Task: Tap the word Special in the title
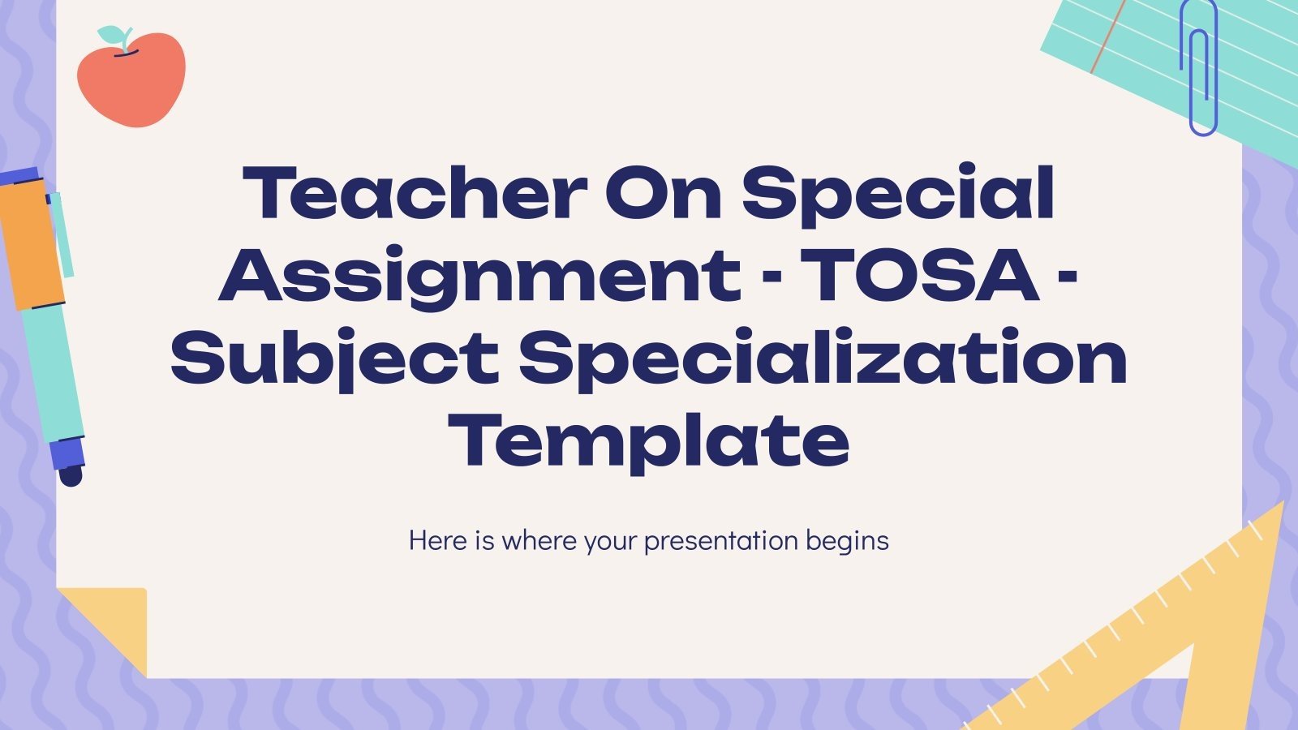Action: pyautogui.click(x=899, y=195)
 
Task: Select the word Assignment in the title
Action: pyautogui.click(x=479, y=276)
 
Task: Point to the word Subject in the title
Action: pyautogui.click(x=334, y=359)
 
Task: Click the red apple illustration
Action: pyautogui.click(x=131, y=81)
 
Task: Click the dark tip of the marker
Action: pyautogui.click(x=71, y=474)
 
